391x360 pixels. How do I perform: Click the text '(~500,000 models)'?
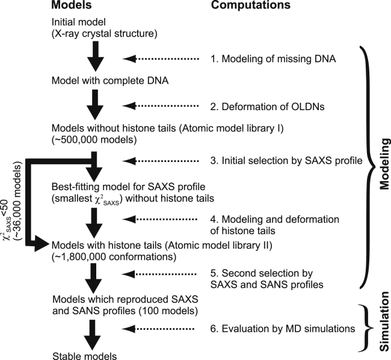tap(90, 139)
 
